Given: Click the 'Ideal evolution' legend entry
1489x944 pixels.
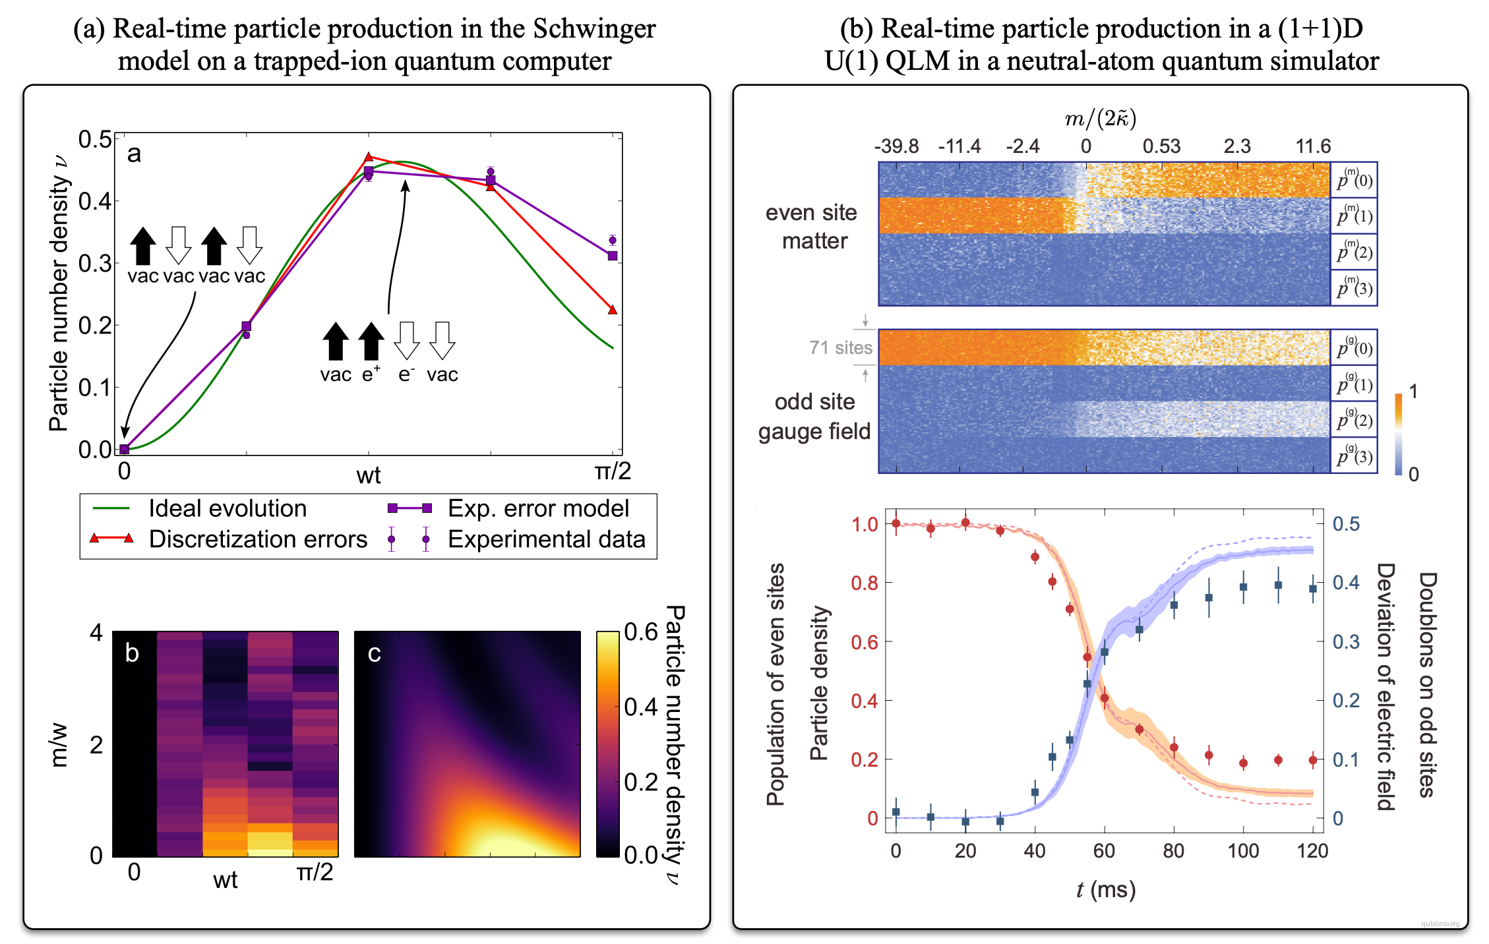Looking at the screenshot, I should [227, 509].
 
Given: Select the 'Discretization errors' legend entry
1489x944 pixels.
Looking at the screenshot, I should [257, 539].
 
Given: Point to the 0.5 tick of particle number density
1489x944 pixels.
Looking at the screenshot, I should [95, 139].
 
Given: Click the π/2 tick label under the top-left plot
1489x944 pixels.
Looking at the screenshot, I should [613, 471].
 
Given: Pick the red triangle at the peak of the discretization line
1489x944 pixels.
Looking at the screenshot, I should [369, 157].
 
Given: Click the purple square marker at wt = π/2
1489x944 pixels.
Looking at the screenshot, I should [613, 256].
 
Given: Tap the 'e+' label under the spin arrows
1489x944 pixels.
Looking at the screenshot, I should [371, 374].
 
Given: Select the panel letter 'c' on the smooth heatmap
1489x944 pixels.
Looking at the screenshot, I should [374, 653].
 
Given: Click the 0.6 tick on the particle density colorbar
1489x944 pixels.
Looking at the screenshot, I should [641, 632].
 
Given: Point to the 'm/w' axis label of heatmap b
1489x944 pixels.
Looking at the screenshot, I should [59, 745].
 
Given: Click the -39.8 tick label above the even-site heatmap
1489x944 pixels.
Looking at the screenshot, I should [896, 146].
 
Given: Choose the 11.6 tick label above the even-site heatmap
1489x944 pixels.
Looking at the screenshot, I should [1313, 146].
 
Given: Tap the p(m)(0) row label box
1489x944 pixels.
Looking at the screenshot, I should [1354, 179].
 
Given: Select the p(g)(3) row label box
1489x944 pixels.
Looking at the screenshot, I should [1354, 456].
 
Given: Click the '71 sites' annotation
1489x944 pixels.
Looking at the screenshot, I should [840, 347].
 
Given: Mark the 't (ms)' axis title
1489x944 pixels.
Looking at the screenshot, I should [1105, 890].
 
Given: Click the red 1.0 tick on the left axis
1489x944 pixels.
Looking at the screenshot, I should [864, 525].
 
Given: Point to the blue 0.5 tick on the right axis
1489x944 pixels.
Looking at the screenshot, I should [1346, 524].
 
